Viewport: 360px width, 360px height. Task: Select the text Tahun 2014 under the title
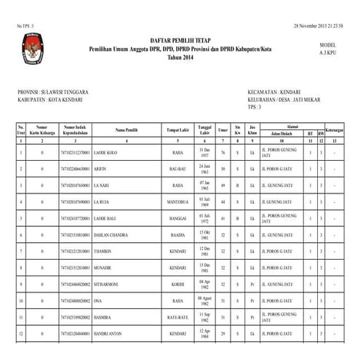click(x=179, y=57)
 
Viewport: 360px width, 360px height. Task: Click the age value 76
click(x=223, y=153)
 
